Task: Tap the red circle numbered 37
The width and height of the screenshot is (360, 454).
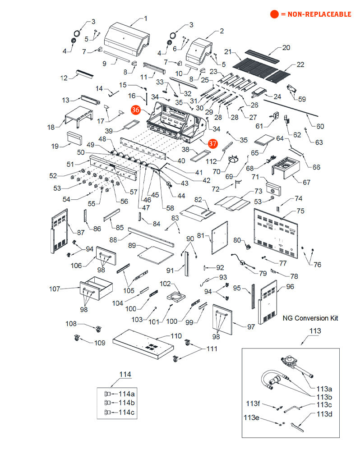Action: coord(212,144)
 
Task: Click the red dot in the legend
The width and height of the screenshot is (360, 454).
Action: coord(274,14)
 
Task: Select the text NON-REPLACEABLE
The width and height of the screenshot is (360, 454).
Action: coord(319,14)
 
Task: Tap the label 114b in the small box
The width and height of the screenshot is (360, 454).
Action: coord(126,403)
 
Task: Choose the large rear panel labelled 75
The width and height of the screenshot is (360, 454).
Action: coord(276,233)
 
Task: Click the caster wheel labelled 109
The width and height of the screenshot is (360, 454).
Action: coord(76,338)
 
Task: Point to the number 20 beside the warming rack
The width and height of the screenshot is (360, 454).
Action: coord(286,47)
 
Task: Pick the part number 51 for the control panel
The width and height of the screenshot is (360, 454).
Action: coord(70,164)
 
